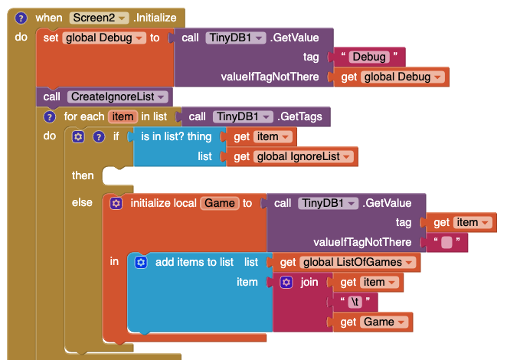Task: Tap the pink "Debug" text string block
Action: click(x=369, y=57)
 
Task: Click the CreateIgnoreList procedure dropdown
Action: click(x=118, y=97)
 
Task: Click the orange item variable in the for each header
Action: click(x=122, y=117)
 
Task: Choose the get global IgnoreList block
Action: click(x=293, y=156)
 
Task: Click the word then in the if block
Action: click(x=83, y=176)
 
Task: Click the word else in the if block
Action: click(x=82, y=203)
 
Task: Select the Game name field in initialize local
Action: click(x=219, y=203)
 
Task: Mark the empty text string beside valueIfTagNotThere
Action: click(x=446, y=243)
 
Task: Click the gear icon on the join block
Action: click(x=286, y=282)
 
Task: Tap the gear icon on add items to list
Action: click(x=141, y=262)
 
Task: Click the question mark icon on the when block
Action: click(x=21, y=18)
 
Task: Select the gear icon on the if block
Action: click(x=77, y=136)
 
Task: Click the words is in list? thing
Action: click(x=176, y=136)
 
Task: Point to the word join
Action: click(x=309, y=282)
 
